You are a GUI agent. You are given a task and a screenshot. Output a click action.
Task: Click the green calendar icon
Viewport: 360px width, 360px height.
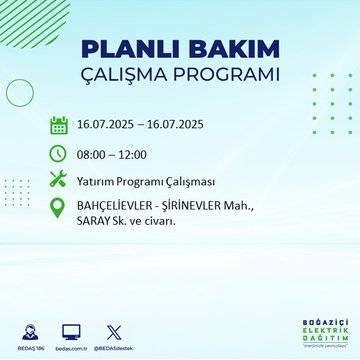[58, 126]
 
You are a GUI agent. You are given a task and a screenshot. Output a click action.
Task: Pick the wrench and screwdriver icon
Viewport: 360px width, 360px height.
[58, 180]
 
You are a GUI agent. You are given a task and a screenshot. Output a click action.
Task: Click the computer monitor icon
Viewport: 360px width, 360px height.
[72, 329]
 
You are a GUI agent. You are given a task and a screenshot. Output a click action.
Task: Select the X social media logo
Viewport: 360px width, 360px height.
[112, 329]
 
